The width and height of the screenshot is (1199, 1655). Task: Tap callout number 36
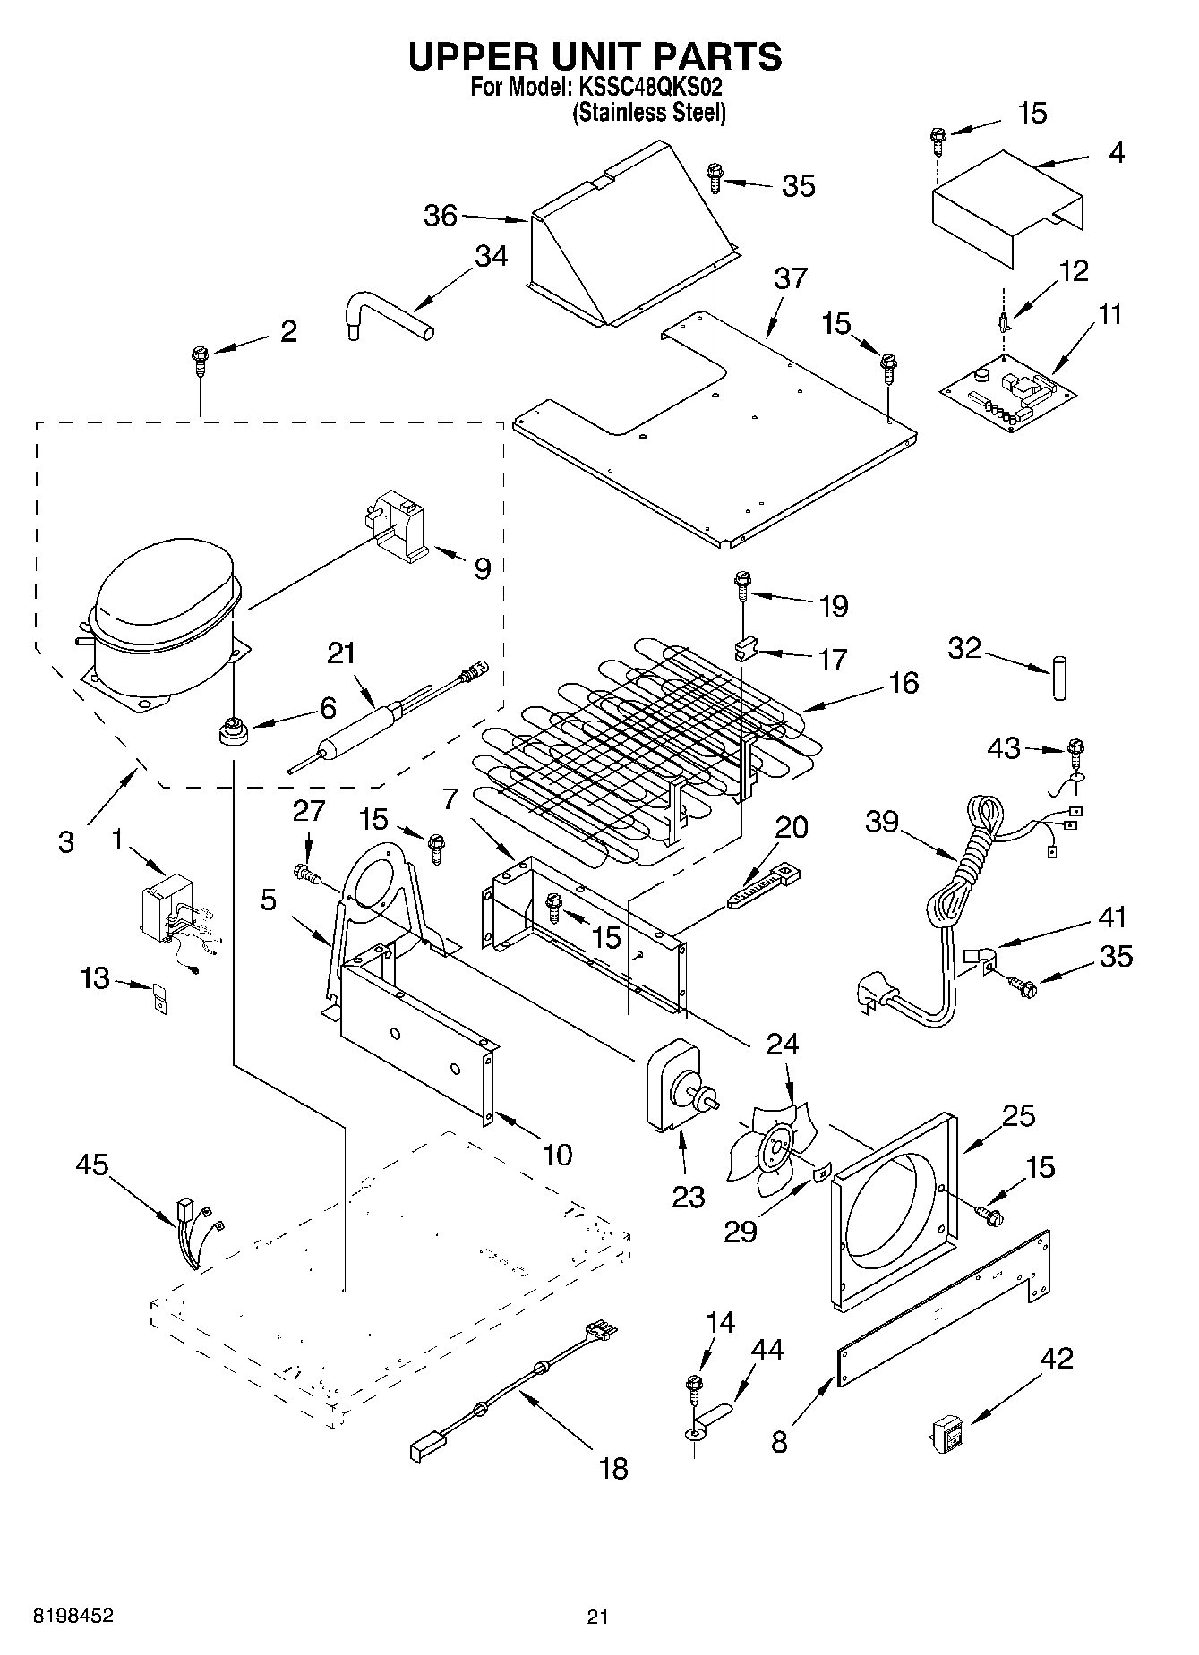pos(441,216)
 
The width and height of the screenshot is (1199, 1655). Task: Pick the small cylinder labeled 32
pos(1059,678)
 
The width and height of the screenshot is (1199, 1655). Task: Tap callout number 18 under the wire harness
pos(613,1468)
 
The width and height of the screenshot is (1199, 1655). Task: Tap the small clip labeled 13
pos(158,998)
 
